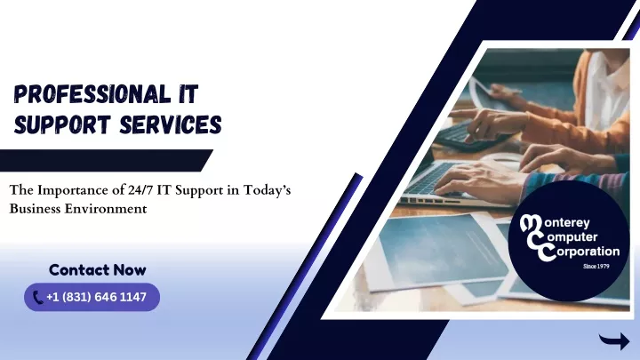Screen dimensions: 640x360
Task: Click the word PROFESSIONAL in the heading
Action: [x=92, y=93]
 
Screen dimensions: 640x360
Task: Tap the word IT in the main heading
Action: [x=188, y=93]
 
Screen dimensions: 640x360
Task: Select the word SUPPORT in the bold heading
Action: [x=62, y=124]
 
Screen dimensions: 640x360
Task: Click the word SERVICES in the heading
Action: [x=171, y=124]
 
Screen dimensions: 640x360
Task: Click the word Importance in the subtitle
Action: [x=79, y=190]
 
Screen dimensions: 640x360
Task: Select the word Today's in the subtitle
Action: [x=267, y=190]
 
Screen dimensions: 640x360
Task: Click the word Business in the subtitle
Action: [x=36, y=209]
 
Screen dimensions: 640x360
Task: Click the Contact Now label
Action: [x=98, y=270]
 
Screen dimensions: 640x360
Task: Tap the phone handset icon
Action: [x=37, y=298]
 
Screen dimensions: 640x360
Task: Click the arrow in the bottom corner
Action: [x=614, y=340]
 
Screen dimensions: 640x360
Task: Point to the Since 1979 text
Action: [x=596, y=266]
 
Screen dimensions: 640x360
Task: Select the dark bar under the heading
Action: [x=106, y=160]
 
